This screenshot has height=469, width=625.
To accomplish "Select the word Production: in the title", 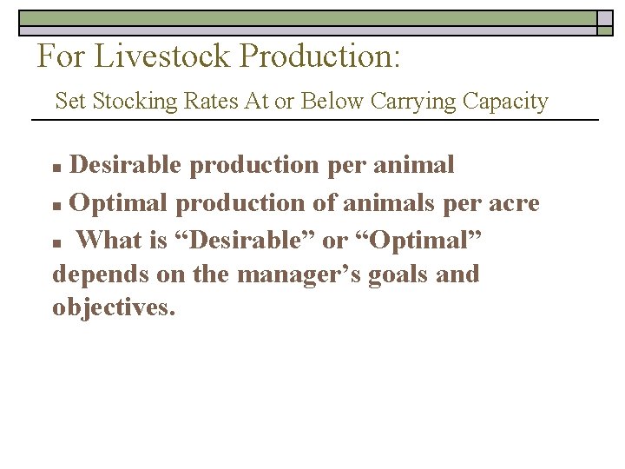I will click(320, 56).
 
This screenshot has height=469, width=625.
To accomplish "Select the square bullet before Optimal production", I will click(58, 206).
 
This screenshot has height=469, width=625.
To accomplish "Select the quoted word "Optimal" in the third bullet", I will click(420, 239).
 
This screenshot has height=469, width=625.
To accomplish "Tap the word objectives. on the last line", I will click(114, 308).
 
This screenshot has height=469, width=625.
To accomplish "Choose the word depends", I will click(101, 274).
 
